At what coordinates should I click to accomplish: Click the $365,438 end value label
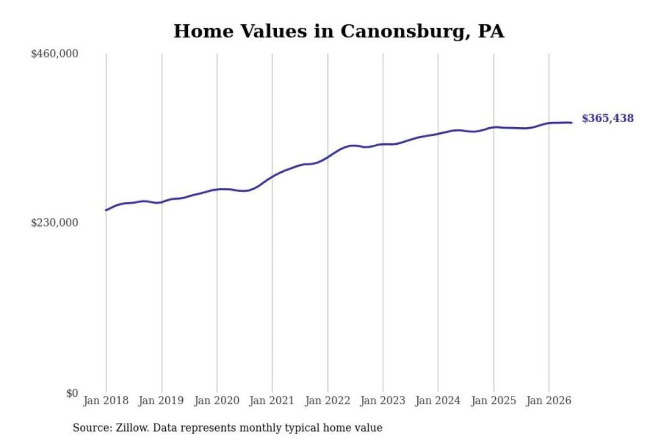[x=608, y=119]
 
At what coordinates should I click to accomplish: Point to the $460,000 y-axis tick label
[x=55, y=54]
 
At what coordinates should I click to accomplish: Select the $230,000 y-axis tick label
[x=55, y=222]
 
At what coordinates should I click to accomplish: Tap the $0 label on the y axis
[x=72, y=393]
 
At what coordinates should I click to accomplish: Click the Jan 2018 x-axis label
[x=106, y=401]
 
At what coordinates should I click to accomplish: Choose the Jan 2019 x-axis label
[x=161, y=401]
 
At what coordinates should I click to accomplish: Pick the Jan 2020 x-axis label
[x=217, y=401]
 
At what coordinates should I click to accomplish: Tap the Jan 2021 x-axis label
[x=272, y=401]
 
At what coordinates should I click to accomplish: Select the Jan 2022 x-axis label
[x=328, y=401]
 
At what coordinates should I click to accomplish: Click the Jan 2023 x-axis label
[x=383, y=401]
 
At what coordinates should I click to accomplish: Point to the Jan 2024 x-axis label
[x=438, y=401]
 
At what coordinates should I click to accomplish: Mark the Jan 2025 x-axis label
[x=494, y=401]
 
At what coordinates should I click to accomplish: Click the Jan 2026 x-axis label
[x=549, y=401]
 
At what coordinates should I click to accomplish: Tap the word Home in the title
[x=204, y=31]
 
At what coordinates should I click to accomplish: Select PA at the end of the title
[x=491, y=31]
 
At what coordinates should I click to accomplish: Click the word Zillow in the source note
[x=133, y=428]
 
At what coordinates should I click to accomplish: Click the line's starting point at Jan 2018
[x=106, y=210]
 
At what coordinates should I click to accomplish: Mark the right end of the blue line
[x=571, y=123]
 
